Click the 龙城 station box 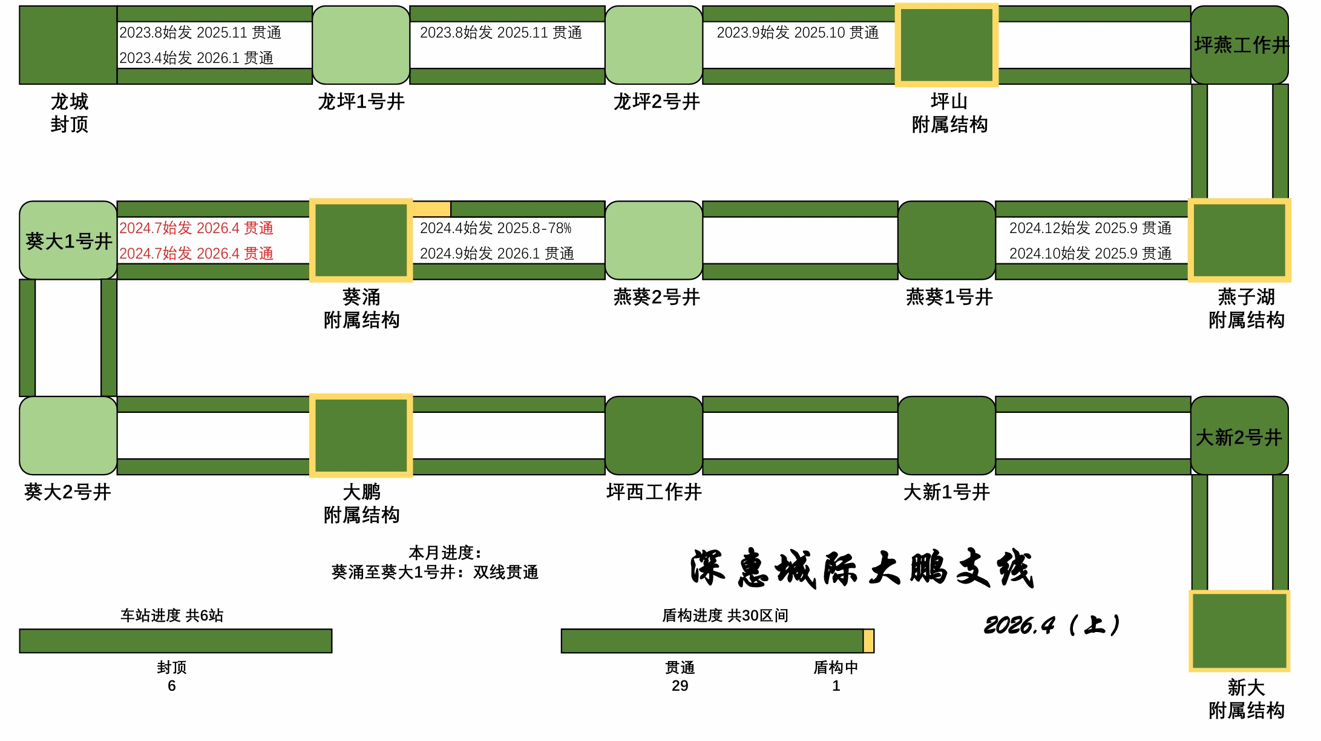point(68,45)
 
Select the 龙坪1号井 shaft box point(361,45)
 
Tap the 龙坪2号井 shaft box point(654,45)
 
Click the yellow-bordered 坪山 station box point(946,45)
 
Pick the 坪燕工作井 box point(1239,45)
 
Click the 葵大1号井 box point(68,240)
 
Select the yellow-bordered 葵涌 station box point(361,240)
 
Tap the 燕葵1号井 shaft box point(946,240)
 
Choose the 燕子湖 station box point(1239,240)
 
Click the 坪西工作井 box point(654,435)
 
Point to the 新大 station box point(1239,631)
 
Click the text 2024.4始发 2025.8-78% point(496,228)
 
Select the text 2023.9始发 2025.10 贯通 point(798,33)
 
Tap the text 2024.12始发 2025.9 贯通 point(1090,228)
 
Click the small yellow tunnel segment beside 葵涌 point(431,209)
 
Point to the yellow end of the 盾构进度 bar point(868,641)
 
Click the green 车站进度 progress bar point(175,641)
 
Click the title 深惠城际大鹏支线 point(862,568)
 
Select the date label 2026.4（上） point(1052,625)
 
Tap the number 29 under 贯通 point(680,686)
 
